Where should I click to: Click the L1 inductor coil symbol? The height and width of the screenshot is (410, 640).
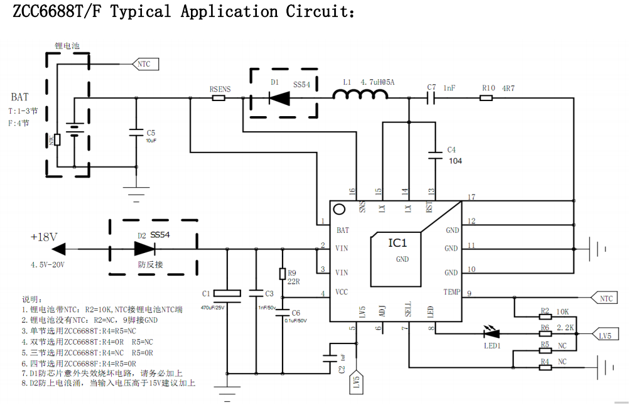pyautogui.click(x=360, y=95)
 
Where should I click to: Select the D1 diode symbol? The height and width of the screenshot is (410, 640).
pyautogui.click(x=279, y=97)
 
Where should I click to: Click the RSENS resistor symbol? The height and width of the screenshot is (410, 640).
pyautogui.click(x=219, y=98)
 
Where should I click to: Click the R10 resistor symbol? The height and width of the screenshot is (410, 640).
pyautogui.click(x=487, y=98)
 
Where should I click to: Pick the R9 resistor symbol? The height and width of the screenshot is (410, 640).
pyautogui.click(x=283, y=273)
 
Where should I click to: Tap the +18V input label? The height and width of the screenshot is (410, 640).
pyautogui.click(x=44, y=237)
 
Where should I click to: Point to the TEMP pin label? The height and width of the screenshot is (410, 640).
pyautogui.click(x=452, y=293)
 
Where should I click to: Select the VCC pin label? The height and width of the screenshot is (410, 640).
pyautogui.click(x=342, y=293)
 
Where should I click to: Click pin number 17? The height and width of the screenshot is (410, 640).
pyautogui.click(x=471, y=197)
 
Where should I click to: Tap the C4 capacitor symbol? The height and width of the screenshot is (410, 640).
pyautogui.click(x=433, y=154)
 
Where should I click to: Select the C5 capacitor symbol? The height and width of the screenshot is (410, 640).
pyautogui.click(x=136, y=132)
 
